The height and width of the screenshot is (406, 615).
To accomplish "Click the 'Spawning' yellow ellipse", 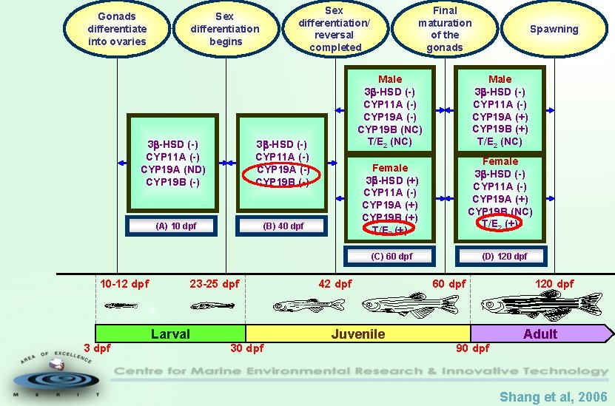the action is click(554, 29).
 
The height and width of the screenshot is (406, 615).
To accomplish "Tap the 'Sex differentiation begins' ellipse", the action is click(225, 29).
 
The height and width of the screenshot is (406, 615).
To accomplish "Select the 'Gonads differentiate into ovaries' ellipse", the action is click(117, 29).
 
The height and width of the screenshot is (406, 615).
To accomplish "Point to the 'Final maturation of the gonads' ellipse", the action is click(444, 29).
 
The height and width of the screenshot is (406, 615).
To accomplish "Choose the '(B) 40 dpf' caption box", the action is click(283, 226).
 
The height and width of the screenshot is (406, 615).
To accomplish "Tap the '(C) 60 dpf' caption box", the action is click(391, 257).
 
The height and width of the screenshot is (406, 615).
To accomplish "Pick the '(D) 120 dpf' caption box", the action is click(504, 257).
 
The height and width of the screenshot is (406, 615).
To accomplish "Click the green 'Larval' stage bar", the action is click(170, 334).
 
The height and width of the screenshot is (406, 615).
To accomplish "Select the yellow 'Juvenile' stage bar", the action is click(357, 334).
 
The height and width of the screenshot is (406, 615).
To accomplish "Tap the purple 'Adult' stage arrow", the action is click(540, 334).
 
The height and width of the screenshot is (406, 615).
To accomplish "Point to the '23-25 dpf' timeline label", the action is click(215, 284).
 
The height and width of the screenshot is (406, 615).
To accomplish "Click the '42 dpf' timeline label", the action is click(335, 284).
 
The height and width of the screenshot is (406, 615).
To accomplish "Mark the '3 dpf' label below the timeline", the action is click(97, 348).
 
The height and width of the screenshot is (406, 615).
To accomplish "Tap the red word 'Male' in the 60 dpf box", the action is click(390, 79).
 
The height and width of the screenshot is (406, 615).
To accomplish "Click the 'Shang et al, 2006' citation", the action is click(553, 397).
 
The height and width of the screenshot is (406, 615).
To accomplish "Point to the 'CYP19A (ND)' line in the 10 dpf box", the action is click(173, 169).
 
